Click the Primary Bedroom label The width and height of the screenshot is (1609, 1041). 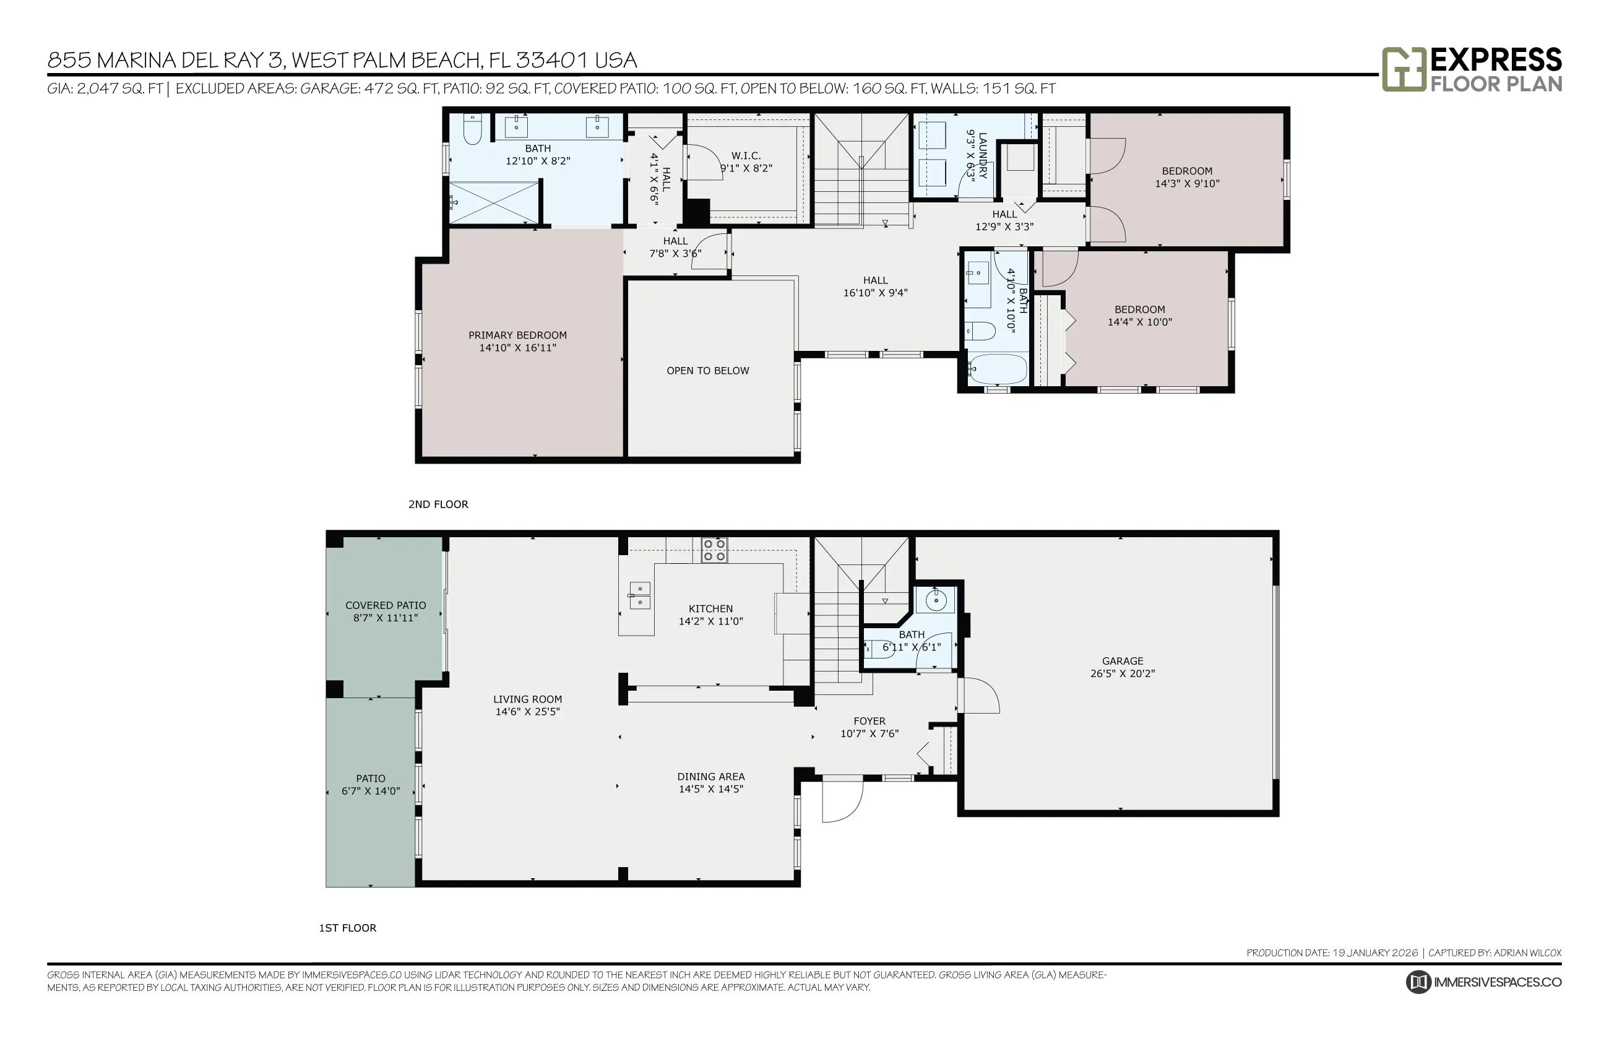tap(517, 335)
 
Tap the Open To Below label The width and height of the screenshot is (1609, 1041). tap(707, 371)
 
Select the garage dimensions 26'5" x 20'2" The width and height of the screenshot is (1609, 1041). tap(1123, 673)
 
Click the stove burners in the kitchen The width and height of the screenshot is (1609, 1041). tap(714, 550)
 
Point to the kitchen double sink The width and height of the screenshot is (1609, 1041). tap(639, 595)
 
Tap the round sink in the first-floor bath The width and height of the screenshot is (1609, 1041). tap(936, 600)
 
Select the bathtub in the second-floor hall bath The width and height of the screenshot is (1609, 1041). tap(997, 369)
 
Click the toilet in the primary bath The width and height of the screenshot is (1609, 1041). tap(472, 129)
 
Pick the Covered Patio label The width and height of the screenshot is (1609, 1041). tap(386, 606)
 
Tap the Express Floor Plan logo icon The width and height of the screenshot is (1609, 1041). tap(1404, 69)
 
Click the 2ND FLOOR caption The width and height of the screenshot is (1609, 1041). tap(438, 504)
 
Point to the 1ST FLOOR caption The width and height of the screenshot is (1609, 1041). tap(347, 928)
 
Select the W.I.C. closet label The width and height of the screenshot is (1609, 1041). tap(746, 156)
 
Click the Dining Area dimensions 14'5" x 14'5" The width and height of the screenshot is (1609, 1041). tap(711, 789)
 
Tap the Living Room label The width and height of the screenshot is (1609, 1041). tap(527, 699)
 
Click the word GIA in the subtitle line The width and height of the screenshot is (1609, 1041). tap(58, 89)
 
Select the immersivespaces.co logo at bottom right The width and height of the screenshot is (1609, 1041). tap(1483, 982)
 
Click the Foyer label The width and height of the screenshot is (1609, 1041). tap(869, 721)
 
